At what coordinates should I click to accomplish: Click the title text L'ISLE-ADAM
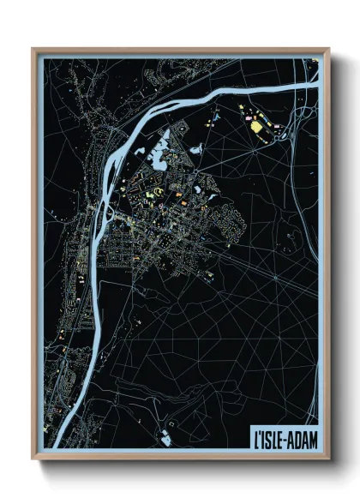click(284, 436)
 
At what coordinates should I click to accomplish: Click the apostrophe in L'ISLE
click(258, 433)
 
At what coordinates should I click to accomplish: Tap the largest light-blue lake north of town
click(159, 157)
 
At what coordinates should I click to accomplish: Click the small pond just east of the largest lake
click(196, 148)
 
